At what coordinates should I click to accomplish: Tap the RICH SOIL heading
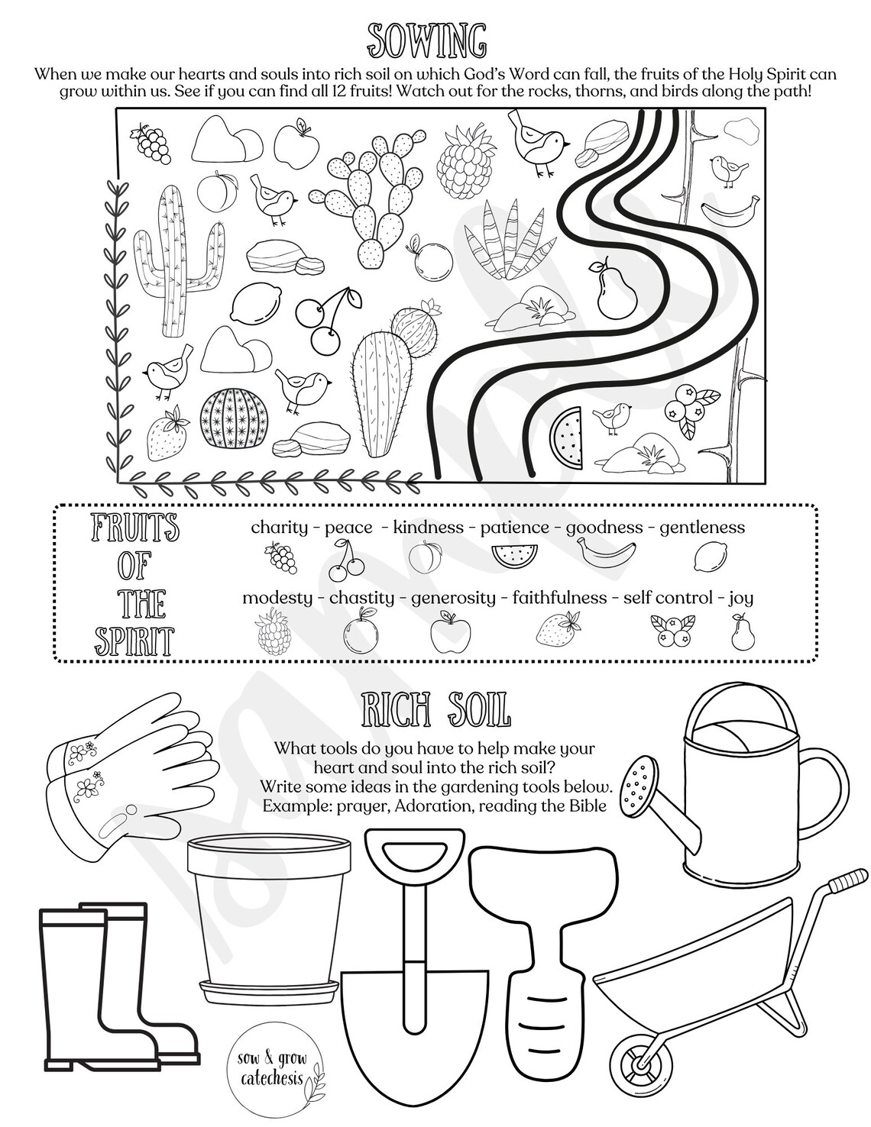click(x=435, y=712)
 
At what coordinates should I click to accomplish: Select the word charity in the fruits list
click(x=280, y=527)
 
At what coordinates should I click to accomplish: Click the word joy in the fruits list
click(x=740, y=598)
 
